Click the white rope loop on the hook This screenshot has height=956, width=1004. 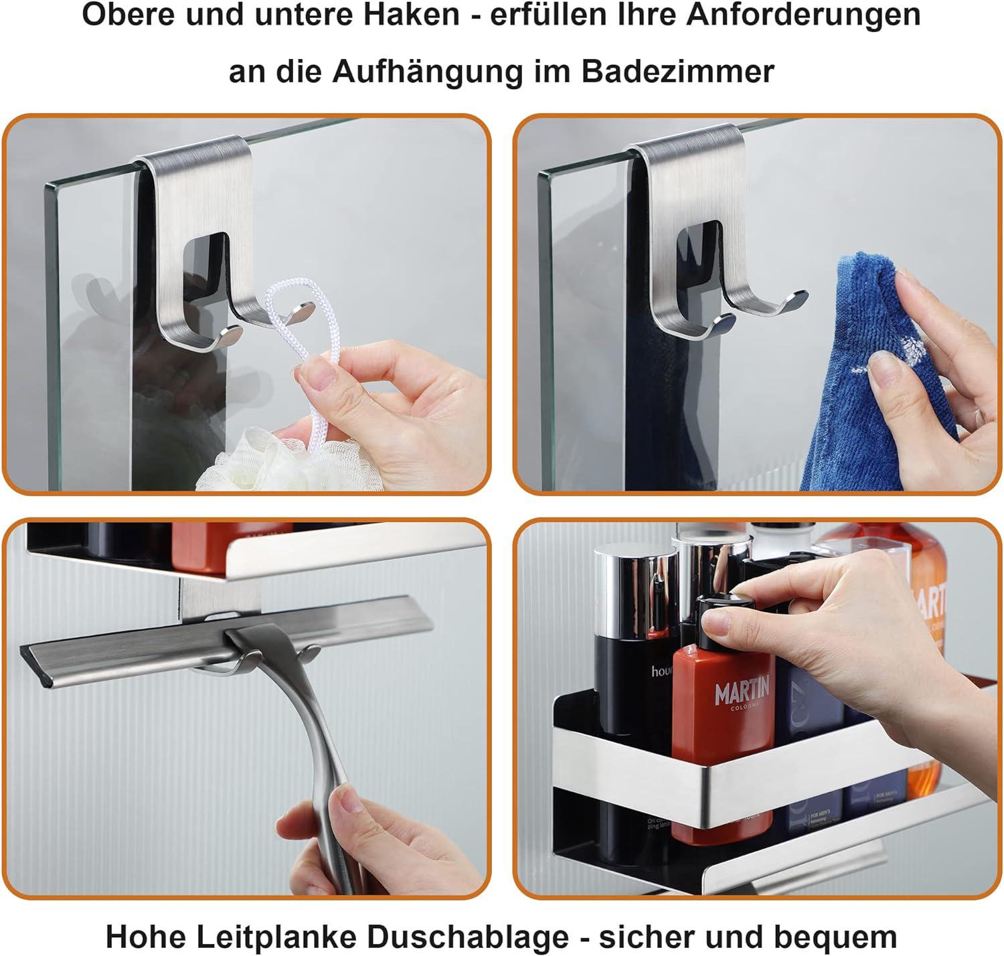point(295,315)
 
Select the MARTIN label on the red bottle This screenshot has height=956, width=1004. point(742,691)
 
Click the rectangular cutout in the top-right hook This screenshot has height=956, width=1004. point(699,258)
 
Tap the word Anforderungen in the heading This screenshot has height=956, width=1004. point(803,15)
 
